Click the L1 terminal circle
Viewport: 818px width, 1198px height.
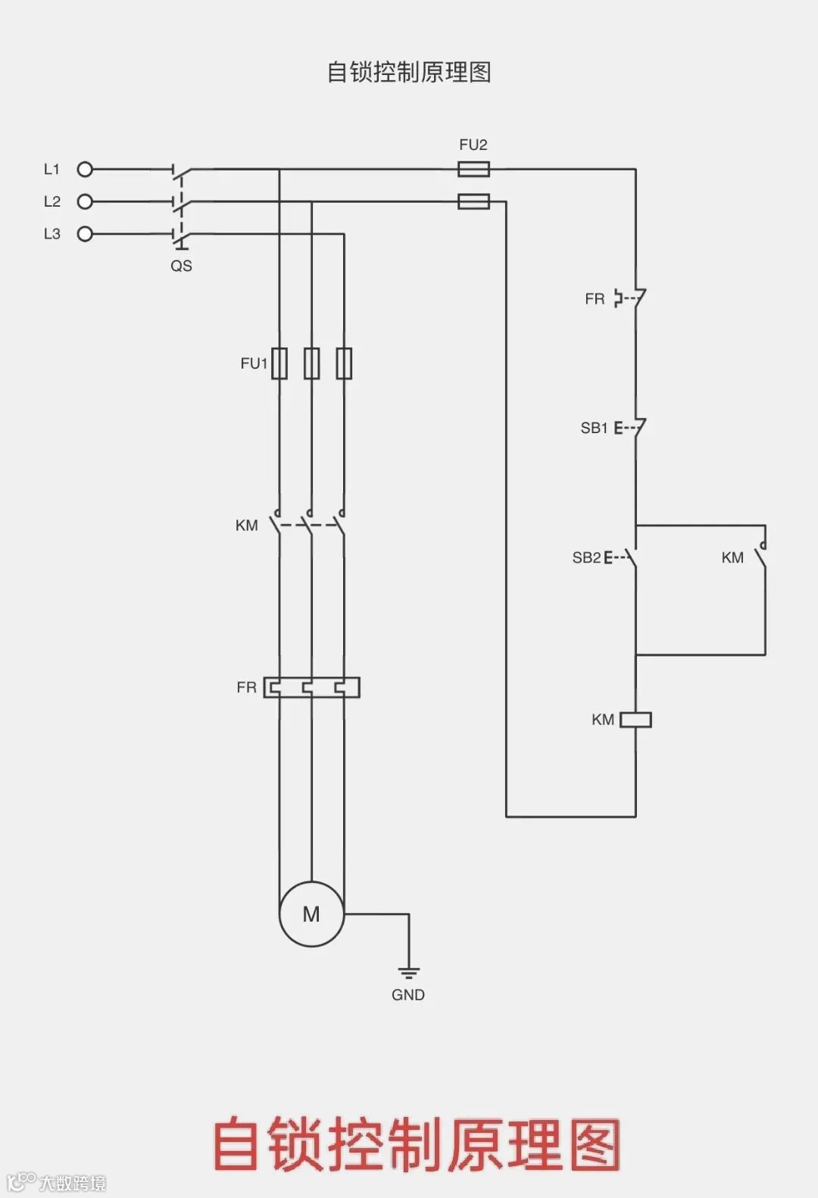pos(85,170)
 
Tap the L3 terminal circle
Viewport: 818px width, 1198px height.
pos(85,234)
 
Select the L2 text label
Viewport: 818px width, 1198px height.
pos(52,201)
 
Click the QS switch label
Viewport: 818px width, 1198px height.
pos(181,266)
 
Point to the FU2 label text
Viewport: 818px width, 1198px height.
pos(473,145)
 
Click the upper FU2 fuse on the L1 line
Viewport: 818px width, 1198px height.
pos(473,169)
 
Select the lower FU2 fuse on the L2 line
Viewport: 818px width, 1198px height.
pos(473,201)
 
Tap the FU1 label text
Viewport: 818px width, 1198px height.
pos(254,363)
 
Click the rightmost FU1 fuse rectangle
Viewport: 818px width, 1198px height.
pos(344,363)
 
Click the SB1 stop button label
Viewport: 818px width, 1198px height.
pos(594,428)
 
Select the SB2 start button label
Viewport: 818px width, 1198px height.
pos(586,558)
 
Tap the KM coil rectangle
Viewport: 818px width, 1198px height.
pos(635,719)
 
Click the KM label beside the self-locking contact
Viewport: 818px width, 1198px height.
pos(732,558)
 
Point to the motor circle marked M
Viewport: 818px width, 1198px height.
pos(311,914)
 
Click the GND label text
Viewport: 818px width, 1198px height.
pos(408,995)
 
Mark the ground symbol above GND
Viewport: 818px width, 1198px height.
pos(408,972)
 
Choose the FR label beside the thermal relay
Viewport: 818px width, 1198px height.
pos(246,688)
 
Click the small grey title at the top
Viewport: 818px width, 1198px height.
pos(409,72)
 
